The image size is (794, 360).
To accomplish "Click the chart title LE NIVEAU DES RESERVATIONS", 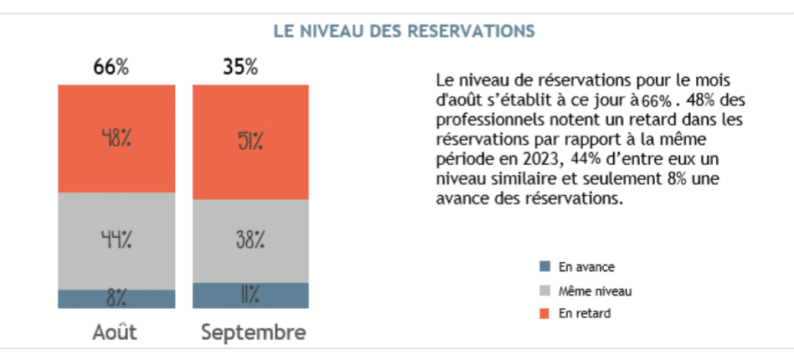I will [x=405, y=32].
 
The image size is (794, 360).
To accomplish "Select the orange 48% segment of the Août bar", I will [x=116, y=138].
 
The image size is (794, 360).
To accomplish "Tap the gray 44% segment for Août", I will [x=116, y=241].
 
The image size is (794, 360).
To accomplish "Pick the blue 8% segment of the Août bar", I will [x=116, y=299].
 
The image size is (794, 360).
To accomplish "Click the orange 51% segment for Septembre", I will [x=249, y=141].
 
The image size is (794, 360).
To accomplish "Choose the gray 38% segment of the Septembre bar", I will [x=249, y=241].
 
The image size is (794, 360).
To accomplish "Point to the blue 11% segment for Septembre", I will [x=249, y=296].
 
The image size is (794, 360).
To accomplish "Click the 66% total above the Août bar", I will [x=111, y=68].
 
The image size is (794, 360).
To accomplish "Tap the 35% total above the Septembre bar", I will [x=240, y=68].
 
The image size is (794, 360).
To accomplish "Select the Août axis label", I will [x=115, y=332].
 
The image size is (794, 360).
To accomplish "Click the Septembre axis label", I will [x=253, y=332].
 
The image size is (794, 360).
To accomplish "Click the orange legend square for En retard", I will [x=545, y=314].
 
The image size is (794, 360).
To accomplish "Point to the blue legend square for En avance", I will [x=545, y=267].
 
